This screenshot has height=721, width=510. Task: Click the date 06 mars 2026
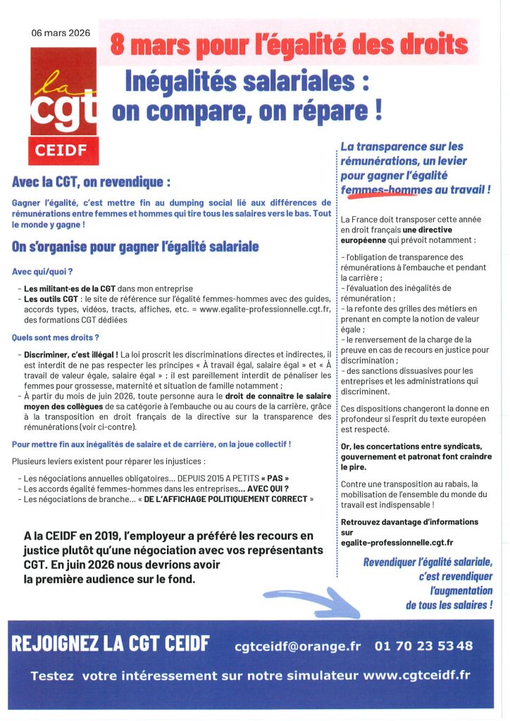[x=61, y=33]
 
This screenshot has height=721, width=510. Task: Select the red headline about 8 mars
[x=290, y=45]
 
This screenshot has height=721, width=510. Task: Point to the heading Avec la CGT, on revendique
[x=92, y=182]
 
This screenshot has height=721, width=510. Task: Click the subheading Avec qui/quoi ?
[x=43, y=271]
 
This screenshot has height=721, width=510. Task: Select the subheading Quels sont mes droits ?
[x=56, y=337]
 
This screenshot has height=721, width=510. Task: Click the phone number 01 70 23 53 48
[x=424, y=646]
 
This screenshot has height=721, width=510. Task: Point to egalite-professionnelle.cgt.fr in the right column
[x=397, y=542]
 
